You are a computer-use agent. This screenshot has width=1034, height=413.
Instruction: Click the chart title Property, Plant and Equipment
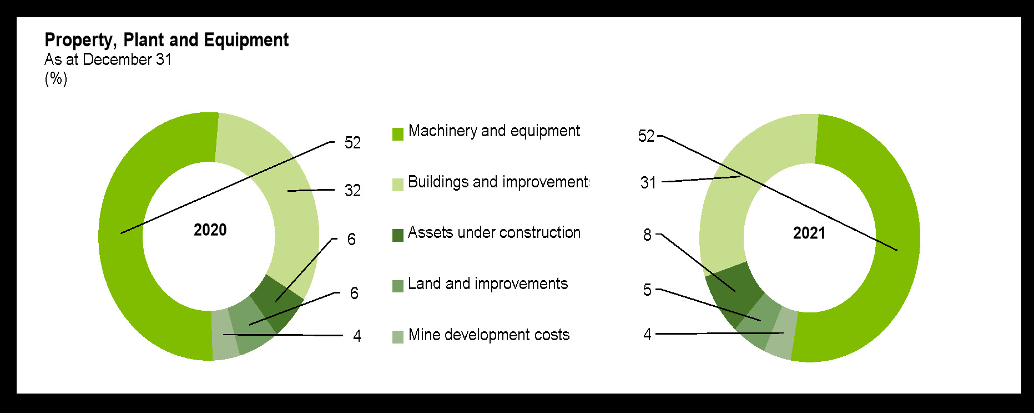coord(167,40)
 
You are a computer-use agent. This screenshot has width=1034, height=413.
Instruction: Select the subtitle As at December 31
coord(108,59)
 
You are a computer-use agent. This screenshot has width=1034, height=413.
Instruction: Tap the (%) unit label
coord(56,78)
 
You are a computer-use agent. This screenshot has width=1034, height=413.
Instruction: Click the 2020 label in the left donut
coord(210,230)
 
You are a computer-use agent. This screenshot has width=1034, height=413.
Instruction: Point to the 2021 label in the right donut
coord(809,233)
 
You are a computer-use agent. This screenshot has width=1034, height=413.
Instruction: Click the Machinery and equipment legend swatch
coord(398,134)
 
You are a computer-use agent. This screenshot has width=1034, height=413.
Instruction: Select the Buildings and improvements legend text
coord(498,182)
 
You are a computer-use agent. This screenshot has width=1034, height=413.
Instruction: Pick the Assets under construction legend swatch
coord(398,236)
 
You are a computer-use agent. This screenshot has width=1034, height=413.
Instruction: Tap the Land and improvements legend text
coord(488,284)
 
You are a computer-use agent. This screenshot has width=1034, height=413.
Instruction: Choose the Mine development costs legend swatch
coord(398,337)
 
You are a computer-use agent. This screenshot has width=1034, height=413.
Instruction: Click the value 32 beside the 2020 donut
coord(352,191)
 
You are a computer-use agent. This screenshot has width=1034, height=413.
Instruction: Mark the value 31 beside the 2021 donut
coord(648,183)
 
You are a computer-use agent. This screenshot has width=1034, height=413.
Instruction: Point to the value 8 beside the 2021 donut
coord(647,235)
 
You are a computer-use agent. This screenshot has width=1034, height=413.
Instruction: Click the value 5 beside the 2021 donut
coord(647,290)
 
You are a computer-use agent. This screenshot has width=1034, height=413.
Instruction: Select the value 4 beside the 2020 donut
coord(357,336)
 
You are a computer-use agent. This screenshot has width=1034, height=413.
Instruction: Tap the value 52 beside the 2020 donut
coord(352,143)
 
